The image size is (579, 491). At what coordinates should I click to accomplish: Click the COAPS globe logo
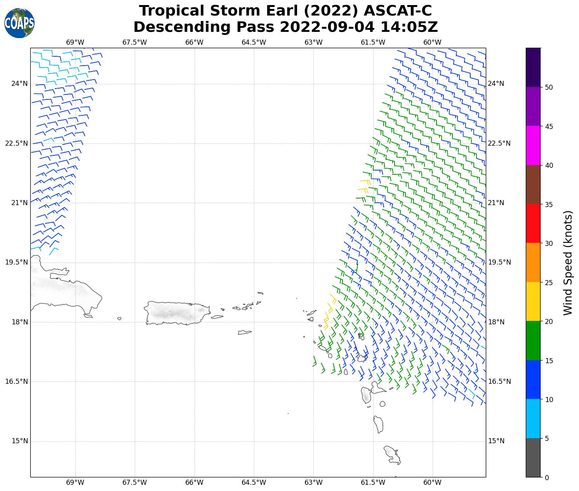19,23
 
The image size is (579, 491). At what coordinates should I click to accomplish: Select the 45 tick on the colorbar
549,126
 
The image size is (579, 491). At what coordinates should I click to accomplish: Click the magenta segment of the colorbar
533,145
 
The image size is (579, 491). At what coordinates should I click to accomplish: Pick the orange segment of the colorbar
533,262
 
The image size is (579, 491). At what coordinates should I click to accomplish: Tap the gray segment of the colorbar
533,457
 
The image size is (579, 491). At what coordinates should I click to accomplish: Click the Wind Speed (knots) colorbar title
568,263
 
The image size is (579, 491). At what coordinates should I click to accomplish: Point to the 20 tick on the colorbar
549,321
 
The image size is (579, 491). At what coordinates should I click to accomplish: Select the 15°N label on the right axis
496,441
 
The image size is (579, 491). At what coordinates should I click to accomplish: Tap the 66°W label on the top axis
194,42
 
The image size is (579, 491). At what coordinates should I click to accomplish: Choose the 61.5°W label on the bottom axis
373,482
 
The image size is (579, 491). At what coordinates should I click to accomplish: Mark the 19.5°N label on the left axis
16,262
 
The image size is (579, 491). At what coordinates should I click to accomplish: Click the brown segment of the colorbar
533,185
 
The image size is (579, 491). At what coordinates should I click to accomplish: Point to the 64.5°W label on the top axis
254,42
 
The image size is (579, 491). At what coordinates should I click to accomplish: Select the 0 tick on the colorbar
547,477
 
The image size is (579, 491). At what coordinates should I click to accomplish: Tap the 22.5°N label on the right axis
499,143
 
